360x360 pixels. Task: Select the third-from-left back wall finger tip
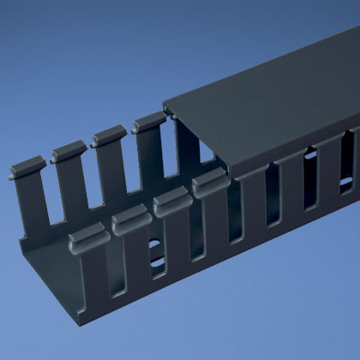click(x=108, y=135)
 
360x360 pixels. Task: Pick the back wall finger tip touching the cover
click(x=148, y=123)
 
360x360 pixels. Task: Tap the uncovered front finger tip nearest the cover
click(x=208, y=182)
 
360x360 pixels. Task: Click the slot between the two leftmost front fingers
click(x=112, y=274)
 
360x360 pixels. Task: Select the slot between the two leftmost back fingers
click(x=49, y=197)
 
